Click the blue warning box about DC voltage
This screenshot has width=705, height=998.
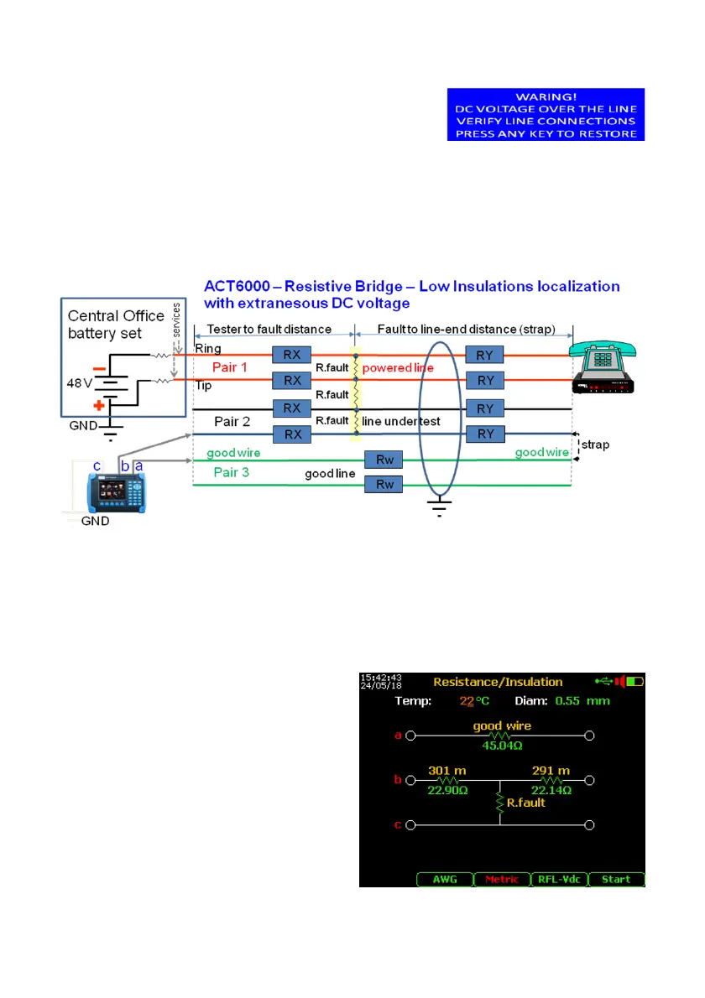(546, 114)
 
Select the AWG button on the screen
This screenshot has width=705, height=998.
(445, 879)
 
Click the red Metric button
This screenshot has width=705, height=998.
(502, 879)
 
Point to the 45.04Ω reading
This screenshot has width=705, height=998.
(502, 741)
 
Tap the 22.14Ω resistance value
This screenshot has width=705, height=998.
(551, 790)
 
